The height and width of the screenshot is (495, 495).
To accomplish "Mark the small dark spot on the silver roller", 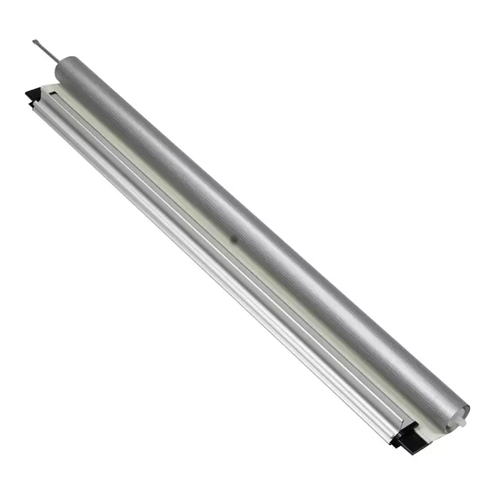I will pos(233,239).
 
